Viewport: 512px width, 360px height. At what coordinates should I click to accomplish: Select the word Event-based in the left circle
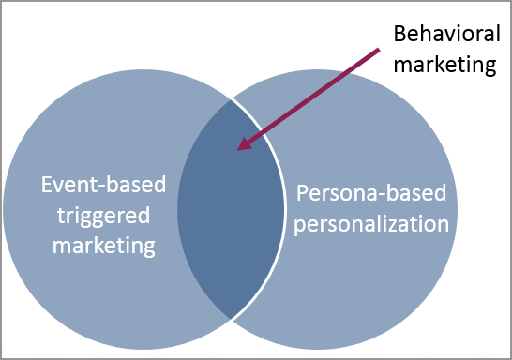(x=104, y=185)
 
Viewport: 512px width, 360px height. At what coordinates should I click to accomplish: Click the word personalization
(x=373, y=225)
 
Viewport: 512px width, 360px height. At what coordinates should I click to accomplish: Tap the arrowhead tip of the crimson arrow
(x=238, y=148)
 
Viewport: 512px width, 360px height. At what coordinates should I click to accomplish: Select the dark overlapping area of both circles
(x=231, y=216)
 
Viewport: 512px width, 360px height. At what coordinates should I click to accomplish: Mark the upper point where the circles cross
(x=231, y=97)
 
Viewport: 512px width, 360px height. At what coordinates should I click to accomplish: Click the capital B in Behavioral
(x=398, y=34)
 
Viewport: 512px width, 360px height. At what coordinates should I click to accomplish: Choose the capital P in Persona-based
(x=303, y=195)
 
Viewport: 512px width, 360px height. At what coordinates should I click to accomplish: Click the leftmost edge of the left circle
(x=3, y=207)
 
